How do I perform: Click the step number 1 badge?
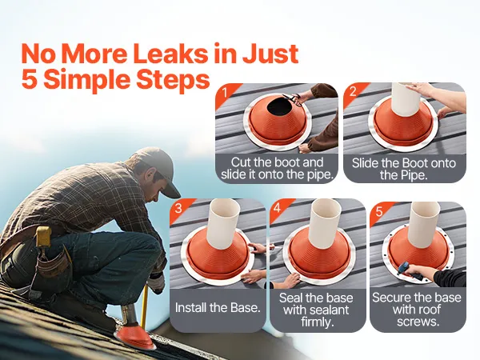pyautogui.click(x=226, y=93)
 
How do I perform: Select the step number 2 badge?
pyautogui.click(x=353, y=91)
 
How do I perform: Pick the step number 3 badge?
pyautogui.click(x=178, y=209)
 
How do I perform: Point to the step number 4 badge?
pyautogui.click(x=277, y=208)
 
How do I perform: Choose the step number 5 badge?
pyautogui.click(x=379, y=211)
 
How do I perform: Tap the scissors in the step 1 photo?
pyautogui.click(x=292, y=99)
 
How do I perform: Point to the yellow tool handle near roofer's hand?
pyautogui.click(x=144, y=306)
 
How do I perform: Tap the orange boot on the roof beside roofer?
pyautogui.click(x=134, y=336)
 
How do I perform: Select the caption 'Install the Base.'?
pyautogui.click(x=218, y=308)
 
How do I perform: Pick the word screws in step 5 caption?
pyautogui.click(x=418, y=322)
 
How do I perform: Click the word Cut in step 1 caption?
pyautogui.click(x=241, y=162)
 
